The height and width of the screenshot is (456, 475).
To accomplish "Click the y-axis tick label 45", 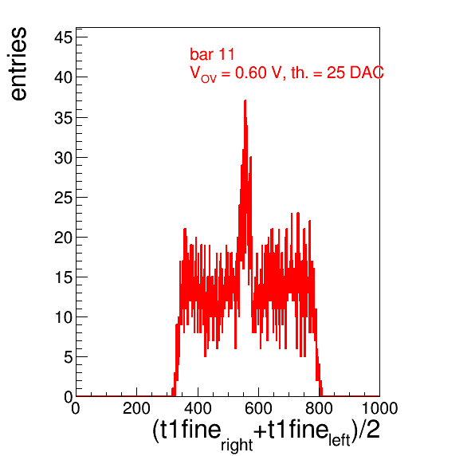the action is click(x=64, y=38).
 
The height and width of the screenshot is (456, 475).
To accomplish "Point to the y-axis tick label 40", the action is click(x=64, y=77).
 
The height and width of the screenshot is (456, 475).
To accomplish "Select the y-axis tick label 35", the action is click(x=64, y=117).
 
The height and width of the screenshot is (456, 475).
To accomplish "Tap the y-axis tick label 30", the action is click(x=64, y=158).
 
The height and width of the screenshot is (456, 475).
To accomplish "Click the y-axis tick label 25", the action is click(x=64, y=198).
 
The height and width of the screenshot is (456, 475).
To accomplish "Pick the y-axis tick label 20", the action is click(x=64, y=238).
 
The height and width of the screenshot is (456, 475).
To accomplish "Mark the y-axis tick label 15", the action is click(x=64, y=277).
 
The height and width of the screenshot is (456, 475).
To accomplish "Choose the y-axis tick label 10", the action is click(x=64, y=317).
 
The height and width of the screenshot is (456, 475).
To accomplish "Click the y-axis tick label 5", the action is click(x=69, y=357).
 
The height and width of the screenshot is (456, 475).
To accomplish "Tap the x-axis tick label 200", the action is click(x=136, y=408).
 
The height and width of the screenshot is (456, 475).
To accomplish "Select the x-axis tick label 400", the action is click(x=198, y=408).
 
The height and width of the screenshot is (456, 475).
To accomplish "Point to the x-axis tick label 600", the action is click(x=258, y=408).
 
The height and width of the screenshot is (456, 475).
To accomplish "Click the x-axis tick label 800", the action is click(x=319, y=408).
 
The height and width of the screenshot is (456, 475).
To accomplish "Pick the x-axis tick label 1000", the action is click(x=379, y=408).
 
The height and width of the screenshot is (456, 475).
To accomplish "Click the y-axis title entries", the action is click(x=19, y=64).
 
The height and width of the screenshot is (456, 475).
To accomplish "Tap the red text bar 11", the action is click(x=212, y=54).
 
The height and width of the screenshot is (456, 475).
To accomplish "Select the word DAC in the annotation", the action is click(x=367, y=73).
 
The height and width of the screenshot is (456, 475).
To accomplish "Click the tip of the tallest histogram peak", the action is click(x=245, y=100).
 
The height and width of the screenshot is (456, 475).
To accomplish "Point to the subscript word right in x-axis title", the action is click(x=237, y=445).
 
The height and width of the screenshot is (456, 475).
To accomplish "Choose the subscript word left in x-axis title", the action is click(x=340, y=440).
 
